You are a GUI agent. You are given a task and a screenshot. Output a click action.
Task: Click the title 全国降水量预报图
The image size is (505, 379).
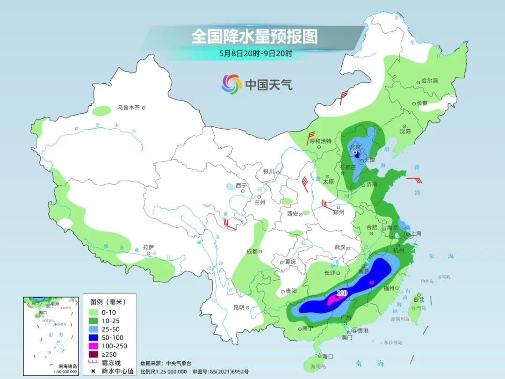click(x=254, y=36)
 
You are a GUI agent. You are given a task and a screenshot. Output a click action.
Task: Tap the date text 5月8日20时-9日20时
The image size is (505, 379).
click(x=255, y=53)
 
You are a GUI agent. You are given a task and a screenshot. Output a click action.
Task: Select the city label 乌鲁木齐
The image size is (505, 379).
click(x=129, y=108)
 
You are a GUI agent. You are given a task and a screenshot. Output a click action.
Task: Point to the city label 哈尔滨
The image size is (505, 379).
click(x=429, y=81)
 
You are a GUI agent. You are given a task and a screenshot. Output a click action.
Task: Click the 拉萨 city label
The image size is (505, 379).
click(x=148, y=247)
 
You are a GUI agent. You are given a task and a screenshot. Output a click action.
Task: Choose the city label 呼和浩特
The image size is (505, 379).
click(x=320, y=141)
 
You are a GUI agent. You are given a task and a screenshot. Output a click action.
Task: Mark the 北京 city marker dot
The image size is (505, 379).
click(x=355, y=153)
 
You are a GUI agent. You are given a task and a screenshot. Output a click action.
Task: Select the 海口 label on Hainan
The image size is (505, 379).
click(x=327, y=357)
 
